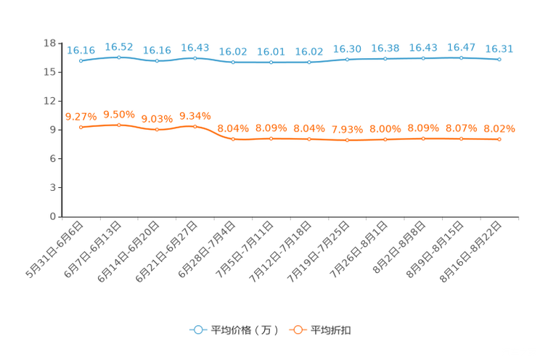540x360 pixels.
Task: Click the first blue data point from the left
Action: [x=81, y=60]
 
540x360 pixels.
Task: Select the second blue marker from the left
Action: [x=119, y=57]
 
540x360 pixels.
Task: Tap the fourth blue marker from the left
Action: [x=195, y=57]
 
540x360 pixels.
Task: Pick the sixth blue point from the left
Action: [x=271, y=62]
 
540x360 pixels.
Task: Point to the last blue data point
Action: [x=499, y=60]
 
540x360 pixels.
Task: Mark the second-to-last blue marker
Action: [x=461, y=57]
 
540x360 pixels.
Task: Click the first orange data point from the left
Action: [x=81, y=127]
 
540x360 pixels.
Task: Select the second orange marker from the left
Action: [x=119, y=125]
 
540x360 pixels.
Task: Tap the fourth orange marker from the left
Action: [x=195, y=126]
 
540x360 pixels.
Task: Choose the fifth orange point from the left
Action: [x=233, y=139]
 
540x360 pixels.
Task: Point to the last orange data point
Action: [x=499, y=139]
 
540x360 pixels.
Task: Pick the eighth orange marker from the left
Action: [x=347, y=140]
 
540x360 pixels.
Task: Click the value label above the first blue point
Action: [x=81, y=49]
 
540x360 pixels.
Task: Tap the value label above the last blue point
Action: [x=499, y=49]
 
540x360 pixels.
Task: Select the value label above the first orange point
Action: [x=81, y=116]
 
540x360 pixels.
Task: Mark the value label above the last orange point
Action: [x=499, y=128]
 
